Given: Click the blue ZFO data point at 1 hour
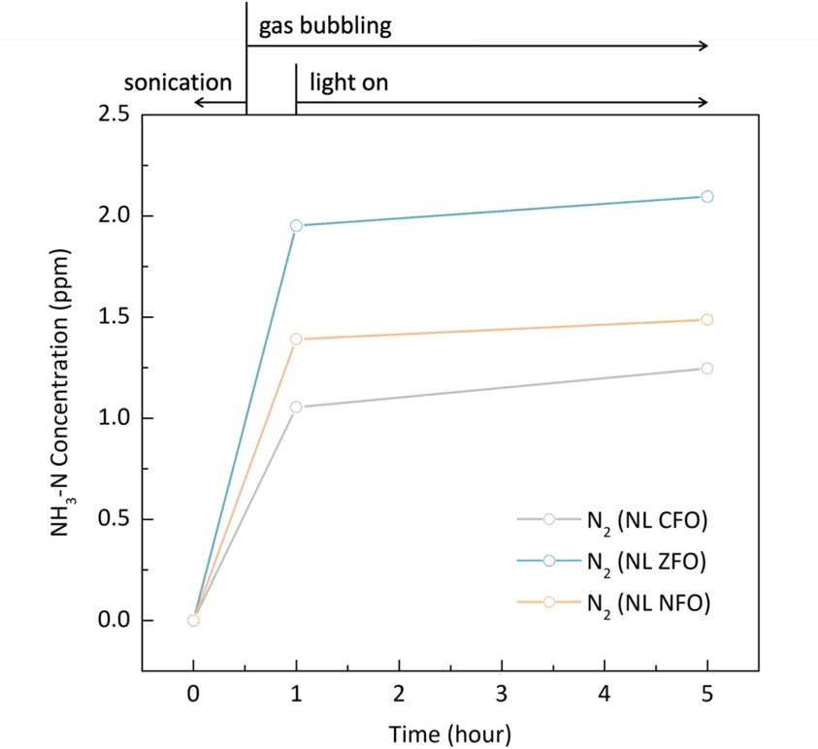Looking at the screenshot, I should click(297, 225).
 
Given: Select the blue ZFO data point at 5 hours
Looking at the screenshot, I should click(707, 196).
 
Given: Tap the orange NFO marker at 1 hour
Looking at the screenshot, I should click(297, 339).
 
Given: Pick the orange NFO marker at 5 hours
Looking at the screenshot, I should click(707, 319).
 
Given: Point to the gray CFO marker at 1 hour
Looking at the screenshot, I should click(297, 407).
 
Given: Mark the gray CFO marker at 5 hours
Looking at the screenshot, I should click(707, 368).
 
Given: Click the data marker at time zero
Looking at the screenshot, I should click(193, 620).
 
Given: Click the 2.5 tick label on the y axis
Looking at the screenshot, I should click(115, 114).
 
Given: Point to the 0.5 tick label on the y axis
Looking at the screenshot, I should click(115, 519).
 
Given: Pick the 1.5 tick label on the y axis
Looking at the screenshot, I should click(115, 317).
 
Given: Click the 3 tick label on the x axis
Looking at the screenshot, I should click(502, 694).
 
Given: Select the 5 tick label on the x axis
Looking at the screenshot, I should click(707, 694).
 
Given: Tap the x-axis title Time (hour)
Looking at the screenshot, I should click(449, 731).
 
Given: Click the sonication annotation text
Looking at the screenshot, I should click(178, 81).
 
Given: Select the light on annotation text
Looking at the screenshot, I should click(348, 81).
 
